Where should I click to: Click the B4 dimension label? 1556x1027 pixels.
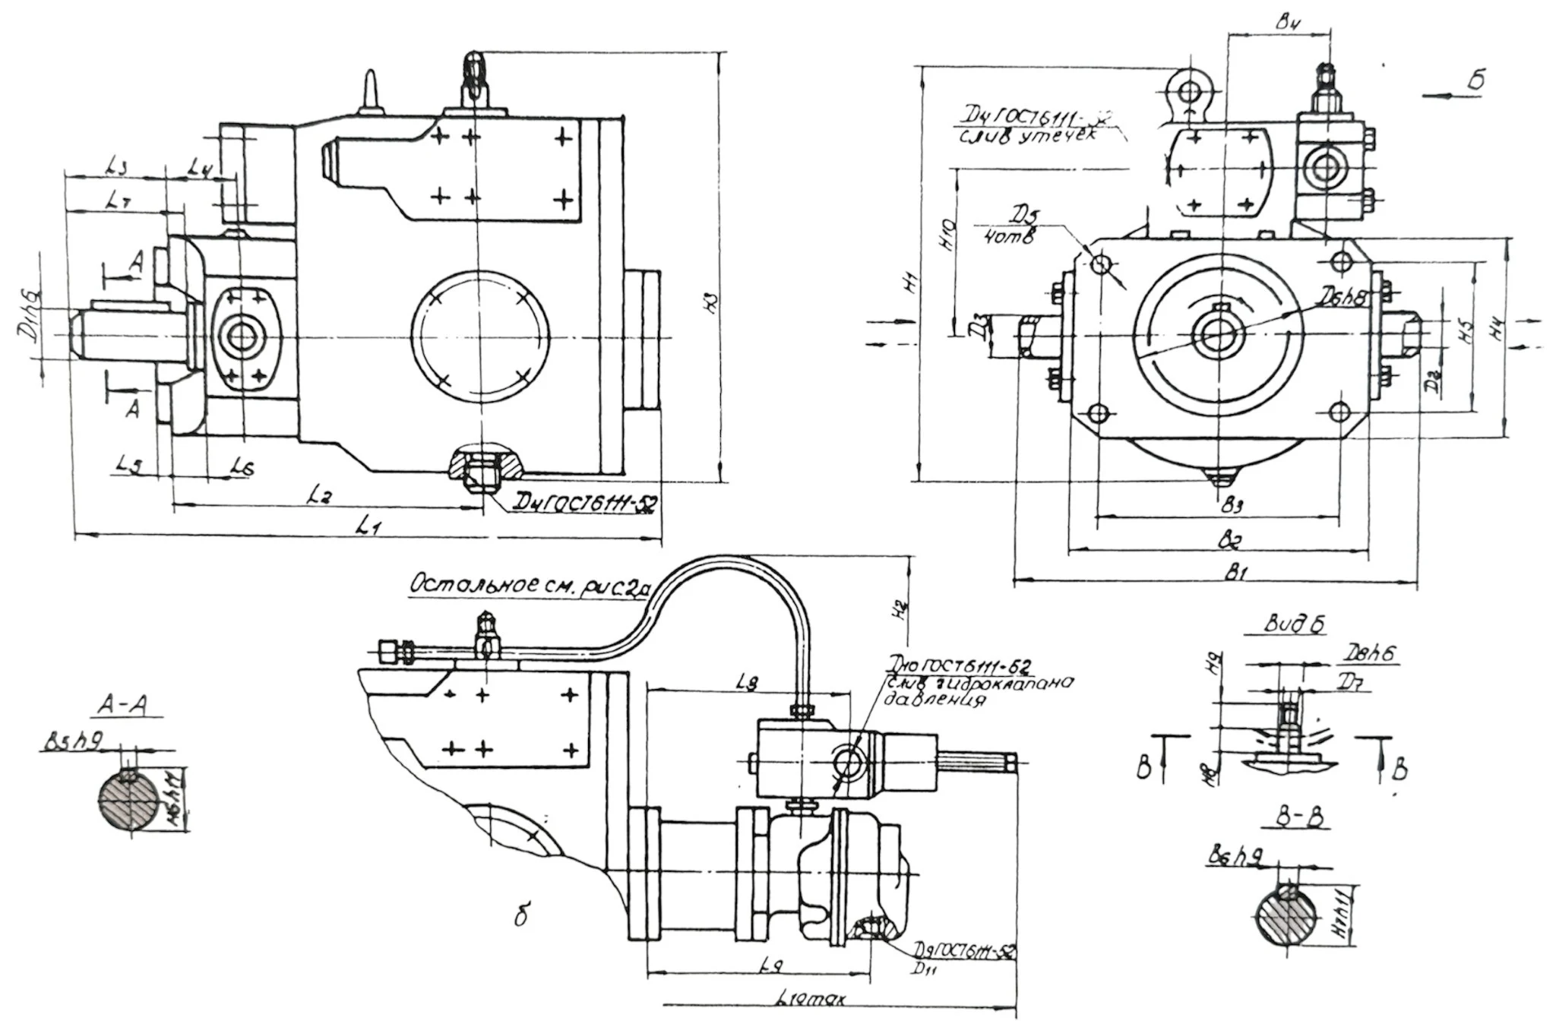pyautogui.click(x=1285, y=23)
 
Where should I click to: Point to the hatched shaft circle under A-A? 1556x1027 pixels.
pyautogui.click(x=130, y=799)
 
